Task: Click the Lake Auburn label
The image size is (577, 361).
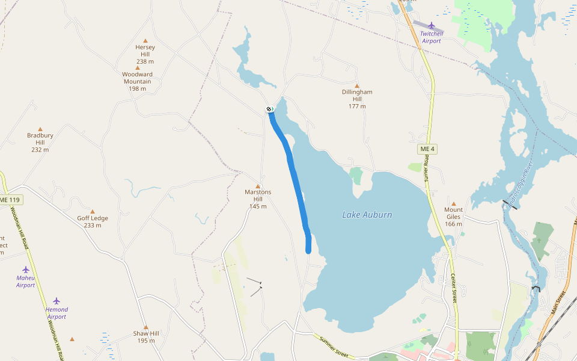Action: (367, 215)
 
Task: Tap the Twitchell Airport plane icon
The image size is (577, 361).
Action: (432, 25)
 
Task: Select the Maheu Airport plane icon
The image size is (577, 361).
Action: (26, 270)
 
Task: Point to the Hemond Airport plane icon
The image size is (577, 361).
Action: (56, 301)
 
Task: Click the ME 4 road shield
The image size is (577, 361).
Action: (427, 149)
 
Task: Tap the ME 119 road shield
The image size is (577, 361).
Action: (10, 199)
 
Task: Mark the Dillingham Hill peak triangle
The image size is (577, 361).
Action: (357, 85)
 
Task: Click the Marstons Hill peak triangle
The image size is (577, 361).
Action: (258, 186)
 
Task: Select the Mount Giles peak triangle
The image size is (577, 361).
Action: (454, 204)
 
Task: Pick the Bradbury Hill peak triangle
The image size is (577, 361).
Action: (40, 129)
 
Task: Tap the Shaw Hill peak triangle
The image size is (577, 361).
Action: (145, 327)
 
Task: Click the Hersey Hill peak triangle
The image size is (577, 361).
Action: (145, 41)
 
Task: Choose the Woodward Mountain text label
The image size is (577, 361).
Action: (137, 78)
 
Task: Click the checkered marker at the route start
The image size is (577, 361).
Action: (269, 109)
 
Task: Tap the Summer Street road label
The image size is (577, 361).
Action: (334, 347)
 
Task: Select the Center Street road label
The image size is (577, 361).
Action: (454, 288)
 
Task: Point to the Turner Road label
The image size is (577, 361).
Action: (427, 168)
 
